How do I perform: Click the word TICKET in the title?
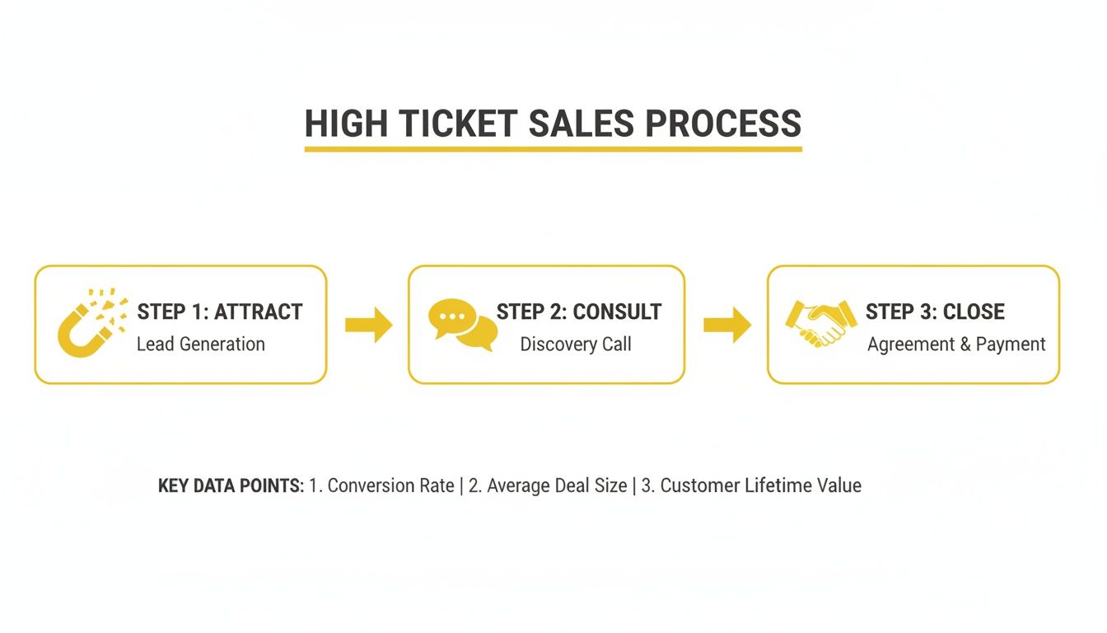(457, 124)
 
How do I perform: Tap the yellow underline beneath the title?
(553, 149)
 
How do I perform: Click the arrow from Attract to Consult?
(368, 325)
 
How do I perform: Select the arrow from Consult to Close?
(726, 325)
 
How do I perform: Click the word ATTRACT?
(259, 312)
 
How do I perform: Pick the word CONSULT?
(617, 312)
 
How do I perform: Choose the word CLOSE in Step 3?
(974, 312)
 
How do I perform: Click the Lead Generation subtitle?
(201, 344)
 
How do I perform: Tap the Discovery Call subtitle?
(576, 344)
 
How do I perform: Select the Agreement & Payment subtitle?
(956, 344)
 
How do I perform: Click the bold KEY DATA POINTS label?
(231, 485)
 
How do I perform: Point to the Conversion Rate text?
(382, 485)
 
